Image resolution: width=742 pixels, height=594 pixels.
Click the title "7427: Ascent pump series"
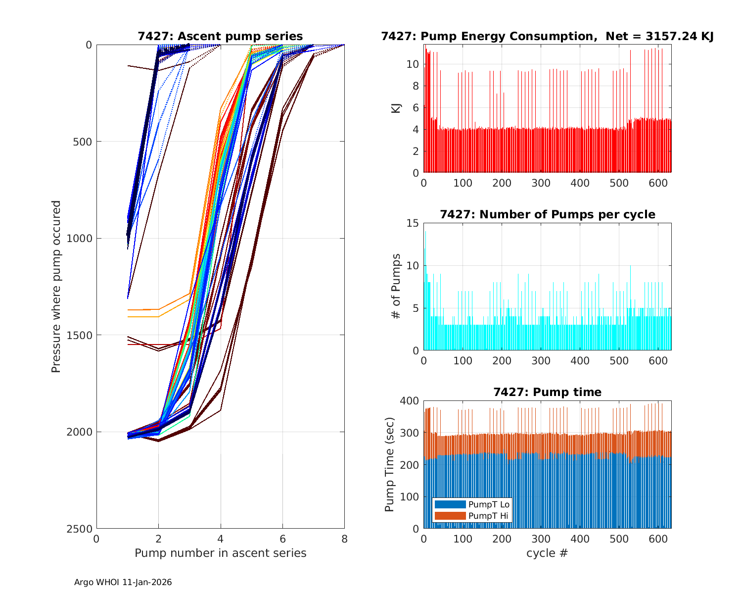(x=220, y=36)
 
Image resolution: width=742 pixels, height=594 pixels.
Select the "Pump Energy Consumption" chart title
(x=547, y=36)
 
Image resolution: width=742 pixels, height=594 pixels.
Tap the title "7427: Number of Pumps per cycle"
(x=547, y=214)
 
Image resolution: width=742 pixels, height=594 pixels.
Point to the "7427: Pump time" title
(x=547, y=392)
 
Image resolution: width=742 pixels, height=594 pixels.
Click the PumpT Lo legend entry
(x=489, y=504)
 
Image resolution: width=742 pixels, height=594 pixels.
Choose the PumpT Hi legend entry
(x=488, y=516)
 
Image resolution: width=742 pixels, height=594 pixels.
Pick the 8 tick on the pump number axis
(x=344, y=539)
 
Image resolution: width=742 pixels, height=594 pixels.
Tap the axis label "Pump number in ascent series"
(x=220, y=553)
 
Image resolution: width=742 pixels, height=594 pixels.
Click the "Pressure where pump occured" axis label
(x=56, y=286)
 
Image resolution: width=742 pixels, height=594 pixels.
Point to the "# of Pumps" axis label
(x=396, y=286)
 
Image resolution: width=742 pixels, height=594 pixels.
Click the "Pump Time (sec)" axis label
(x=390, y=464)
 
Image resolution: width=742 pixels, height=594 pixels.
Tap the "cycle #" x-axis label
(x=547, y=553)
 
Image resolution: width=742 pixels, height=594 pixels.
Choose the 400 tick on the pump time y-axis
(x=410, y=400)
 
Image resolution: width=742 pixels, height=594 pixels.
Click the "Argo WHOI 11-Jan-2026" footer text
(x=123, y=582)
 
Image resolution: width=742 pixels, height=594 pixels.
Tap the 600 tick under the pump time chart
(x=658, y=539)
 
